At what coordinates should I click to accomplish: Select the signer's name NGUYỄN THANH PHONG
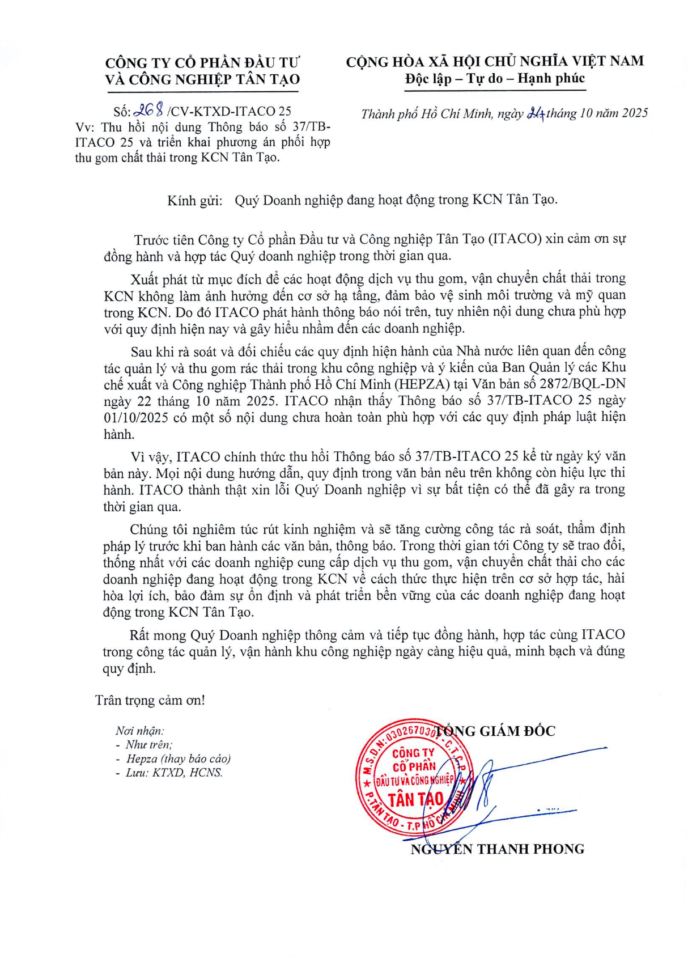[497, 849]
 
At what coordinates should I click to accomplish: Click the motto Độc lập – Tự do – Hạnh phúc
[494, 79]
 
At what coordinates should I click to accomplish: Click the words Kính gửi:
[194, 200]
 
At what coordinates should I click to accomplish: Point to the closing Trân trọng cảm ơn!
[150, 700]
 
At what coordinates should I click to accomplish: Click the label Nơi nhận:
[139, 731]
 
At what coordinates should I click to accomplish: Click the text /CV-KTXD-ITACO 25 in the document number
[230, 111]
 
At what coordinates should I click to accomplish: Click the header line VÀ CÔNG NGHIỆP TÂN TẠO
[202, 80]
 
